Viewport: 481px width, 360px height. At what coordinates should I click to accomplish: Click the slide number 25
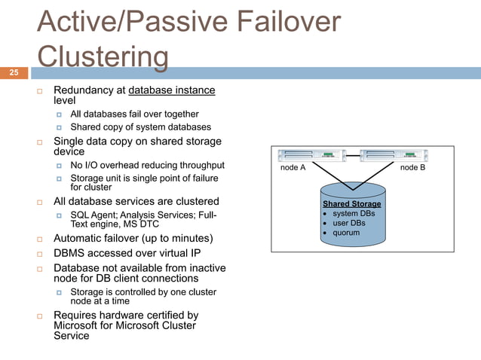[x=14, y=72]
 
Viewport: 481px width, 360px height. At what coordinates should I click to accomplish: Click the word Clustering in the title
[x=103, y=57]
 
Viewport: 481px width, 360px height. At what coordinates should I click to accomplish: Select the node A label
[x=293, y=168]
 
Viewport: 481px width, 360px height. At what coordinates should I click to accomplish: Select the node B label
[x=412, y=168]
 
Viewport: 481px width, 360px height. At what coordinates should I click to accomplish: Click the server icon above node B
[x=394, y=156]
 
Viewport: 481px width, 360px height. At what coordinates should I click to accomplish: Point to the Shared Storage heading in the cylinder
[x=351, y=204]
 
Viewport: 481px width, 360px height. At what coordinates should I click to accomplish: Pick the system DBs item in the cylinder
[x=354, y=214]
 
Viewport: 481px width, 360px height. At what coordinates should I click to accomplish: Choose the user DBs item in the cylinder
[x=350, y=223]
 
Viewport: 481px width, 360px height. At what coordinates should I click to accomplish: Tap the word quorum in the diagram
[x=346, y=233]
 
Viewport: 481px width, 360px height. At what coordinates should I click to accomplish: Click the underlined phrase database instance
[x=172, y=90]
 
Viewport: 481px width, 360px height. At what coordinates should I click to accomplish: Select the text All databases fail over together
[x=134, y=114]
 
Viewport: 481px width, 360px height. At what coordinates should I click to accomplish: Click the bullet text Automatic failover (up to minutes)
[x=133, y=238]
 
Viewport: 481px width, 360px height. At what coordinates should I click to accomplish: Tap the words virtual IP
[x=181, y=253]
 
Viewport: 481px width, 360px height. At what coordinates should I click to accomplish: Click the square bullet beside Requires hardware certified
[x=41, y=316]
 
